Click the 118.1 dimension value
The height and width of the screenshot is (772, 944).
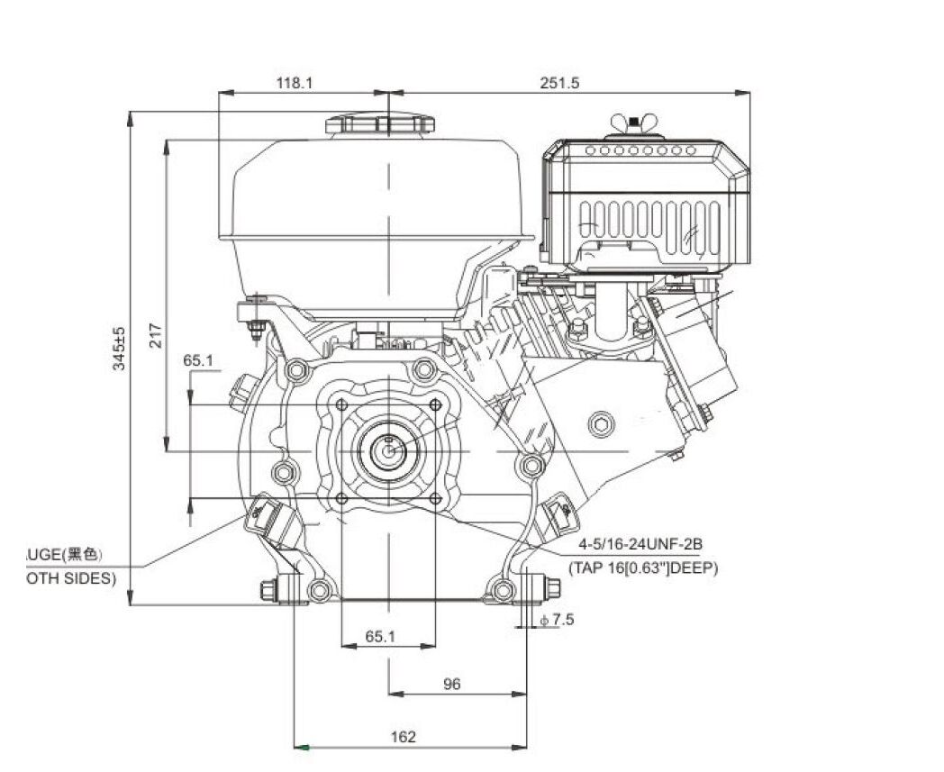295,82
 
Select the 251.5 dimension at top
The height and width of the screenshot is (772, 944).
559,82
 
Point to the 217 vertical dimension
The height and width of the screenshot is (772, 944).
154,336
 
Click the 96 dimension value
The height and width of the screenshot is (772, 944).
452,684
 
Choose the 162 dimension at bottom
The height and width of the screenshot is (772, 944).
404,737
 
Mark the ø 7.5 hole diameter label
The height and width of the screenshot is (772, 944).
557,619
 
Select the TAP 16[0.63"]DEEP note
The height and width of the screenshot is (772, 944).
643,568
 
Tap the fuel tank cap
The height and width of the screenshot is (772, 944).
379,123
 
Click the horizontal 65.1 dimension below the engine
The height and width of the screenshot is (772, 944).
380,636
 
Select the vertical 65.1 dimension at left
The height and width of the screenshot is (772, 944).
198,359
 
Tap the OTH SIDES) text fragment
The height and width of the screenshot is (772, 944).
70,578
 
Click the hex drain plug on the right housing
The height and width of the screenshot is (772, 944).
600,423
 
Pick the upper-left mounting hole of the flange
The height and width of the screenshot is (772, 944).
341,404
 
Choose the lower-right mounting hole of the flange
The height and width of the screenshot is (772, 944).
434,497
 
